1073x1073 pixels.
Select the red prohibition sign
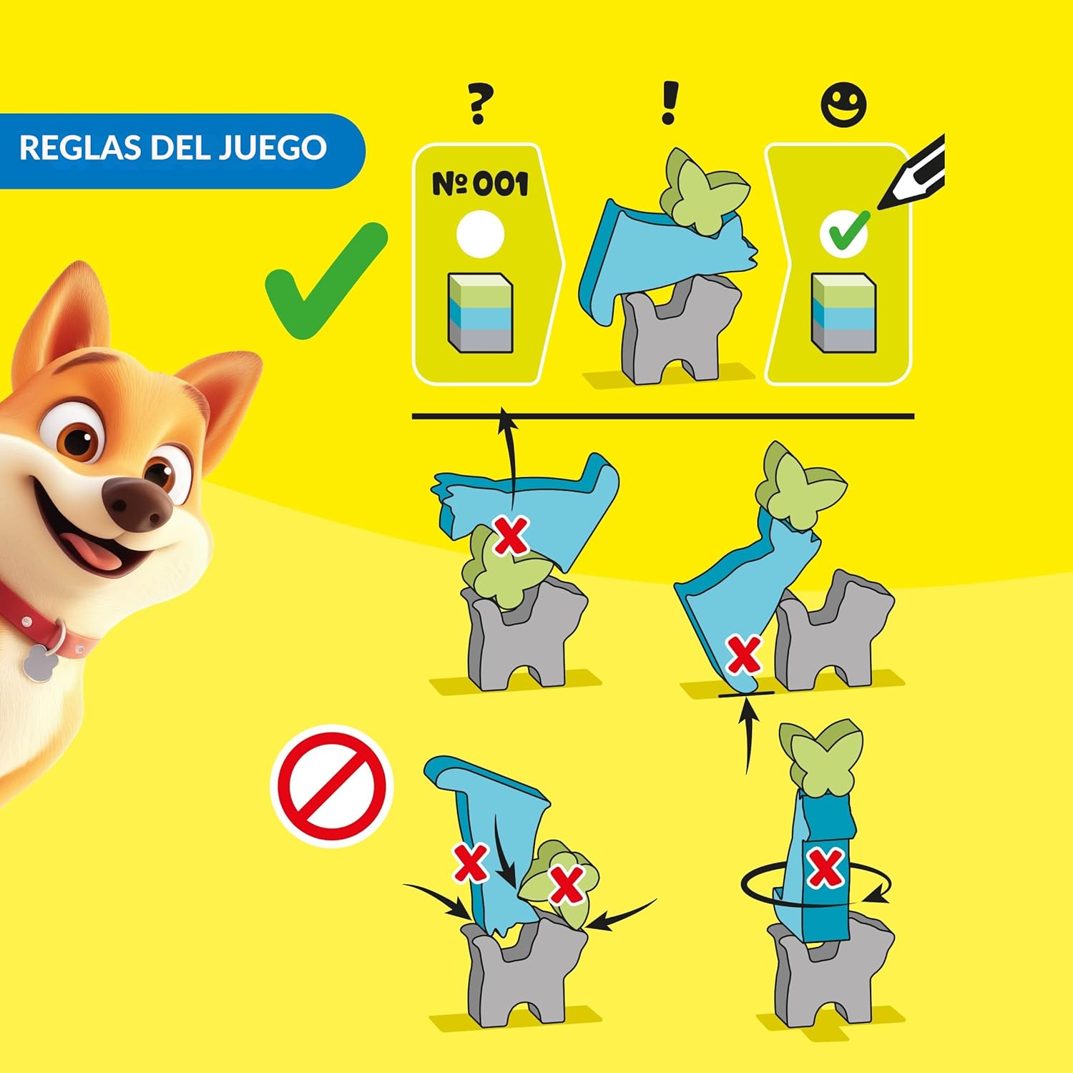(x=332, y=785)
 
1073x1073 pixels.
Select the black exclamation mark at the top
(x=670, y=103)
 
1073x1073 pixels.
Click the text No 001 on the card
(x=480, y=184)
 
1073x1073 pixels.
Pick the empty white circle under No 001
(x=481, y=233)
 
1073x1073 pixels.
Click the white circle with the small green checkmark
(x=844, y=232)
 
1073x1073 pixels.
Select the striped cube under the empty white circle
(x=481, y=313)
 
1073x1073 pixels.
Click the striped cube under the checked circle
(x=844, y=313)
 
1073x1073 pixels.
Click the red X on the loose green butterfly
(x=567, y=885)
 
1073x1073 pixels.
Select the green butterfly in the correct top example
(x=705, y=190)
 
